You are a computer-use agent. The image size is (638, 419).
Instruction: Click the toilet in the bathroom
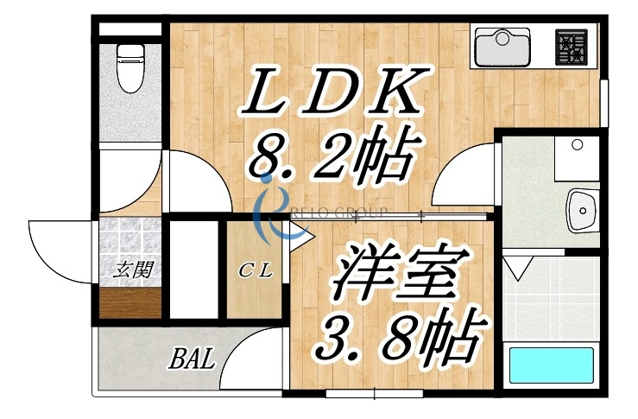(x=129, y=67)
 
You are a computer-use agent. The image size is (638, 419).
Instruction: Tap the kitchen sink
(x=502, y=46)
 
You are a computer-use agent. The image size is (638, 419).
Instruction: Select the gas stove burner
(x=571, y=47)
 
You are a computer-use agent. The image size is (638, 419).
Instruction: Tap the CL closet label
(x=256, y=270)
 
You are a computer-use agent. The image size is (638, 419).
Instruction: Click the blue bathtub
(x=552, y=365)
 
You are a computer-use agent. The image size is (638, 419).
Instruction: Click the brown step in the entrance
(x=130, y=303)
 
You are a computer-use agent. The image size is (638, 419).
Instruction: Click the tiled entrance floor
(x=129, y=242)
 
